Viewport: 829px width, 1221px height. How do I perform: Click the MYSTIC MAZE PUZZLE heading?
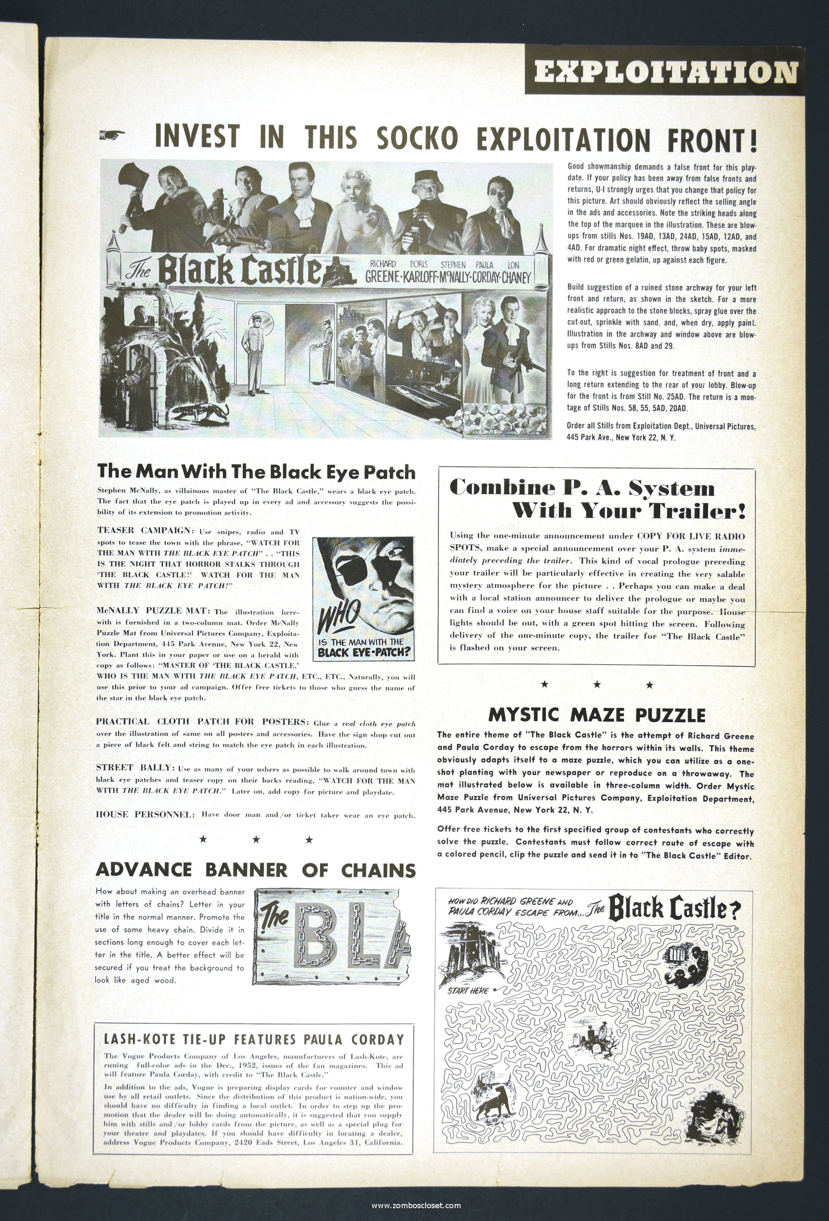click(596, 715)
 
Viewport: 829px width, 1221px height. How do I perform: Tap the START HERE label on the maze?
click(468, 990)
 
